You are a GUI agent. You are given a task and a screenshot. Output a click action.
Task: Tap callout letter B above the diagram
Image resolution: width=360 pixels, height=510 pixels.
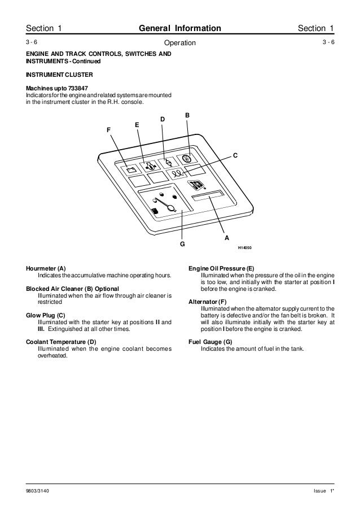[187, 115]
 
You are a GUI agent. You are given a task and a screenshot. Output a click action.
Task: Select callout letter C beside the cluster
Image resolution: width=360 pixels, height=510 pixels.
[235, 155]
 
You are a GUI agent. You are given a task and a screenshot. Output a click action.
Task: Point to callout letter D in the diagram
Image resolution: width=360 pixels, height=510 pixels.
[163, 119]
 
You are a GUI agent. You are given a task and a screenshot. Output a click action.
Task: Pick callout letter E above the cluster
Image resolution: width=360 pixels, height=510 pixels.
[137, 124]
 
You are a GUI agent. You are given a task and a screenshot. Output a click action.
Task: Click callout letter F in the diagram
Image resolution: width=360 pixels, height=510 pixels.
[109, 130]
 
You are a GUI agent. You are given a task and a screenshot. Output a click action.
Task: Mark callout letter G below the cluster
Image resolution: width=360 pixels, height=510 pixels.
[182, 245]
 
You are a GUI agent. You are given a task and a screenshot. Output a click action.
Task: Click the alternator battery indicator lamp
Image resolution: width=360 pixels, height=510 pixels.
[130, 169]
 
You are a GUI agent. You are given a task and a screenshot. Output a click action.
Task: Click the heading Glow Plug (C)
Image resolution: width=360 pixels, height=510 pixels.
[46, 315]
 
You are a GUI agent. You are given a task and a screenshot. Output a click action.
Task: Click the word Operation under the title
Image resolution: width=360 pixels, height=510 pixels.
[179, 43]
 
